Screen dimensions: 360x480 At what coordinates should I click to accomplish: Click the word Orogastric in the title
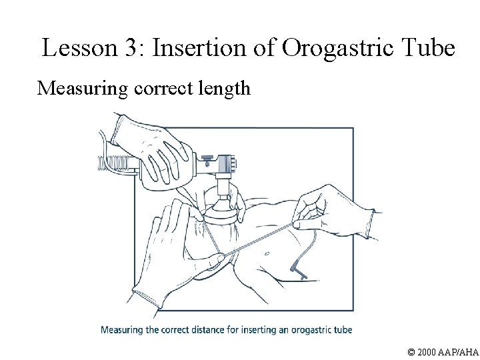click(337, 47)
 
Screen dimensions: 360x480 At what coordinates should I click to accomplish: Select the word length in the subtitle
click(223, 89)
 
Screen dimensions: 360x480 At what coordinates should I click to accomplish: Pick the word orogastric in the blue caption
click(306, 329)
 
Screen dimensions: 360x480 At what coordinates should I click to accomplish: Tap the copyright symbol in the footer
click(411, 350)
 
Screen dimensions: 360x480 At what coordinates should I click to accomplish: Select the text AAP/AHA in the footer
click(461, 350)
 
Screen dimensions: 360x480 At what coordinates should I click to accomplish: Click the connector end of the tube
click(296, 271)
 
